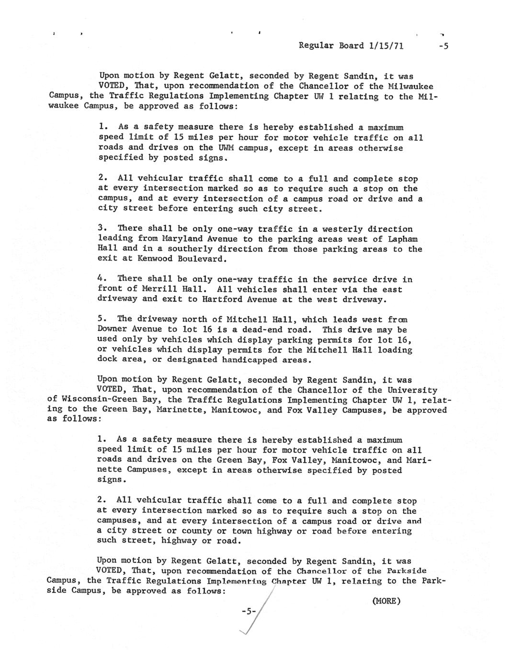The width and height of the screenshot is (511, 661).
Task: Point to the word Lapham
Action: tap(402, 239)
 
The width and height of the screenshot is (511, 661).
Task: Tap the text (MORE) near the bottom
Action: tap(386, 601)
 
